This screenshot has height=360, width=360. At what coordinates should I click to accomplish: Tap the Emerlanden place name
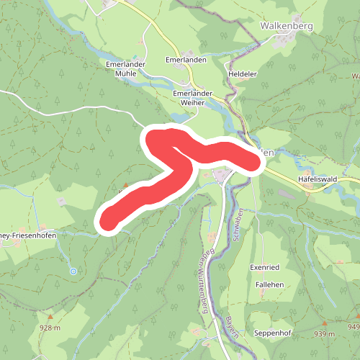click(186, 60)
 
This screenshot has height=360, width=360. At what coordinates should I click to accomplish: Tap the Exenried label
click(264, 267)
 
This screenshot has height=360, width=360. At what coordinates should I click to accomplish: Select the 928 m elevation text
click(50, 328)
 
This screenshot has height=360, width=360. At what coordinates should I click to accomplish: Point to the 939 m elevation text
click(324, 334)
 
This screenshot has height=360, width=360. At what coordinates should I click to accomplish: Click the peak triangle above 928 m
click(50, 317)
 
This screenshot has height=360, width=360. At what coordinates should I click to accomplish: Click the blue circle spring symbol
click(73, 271)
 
